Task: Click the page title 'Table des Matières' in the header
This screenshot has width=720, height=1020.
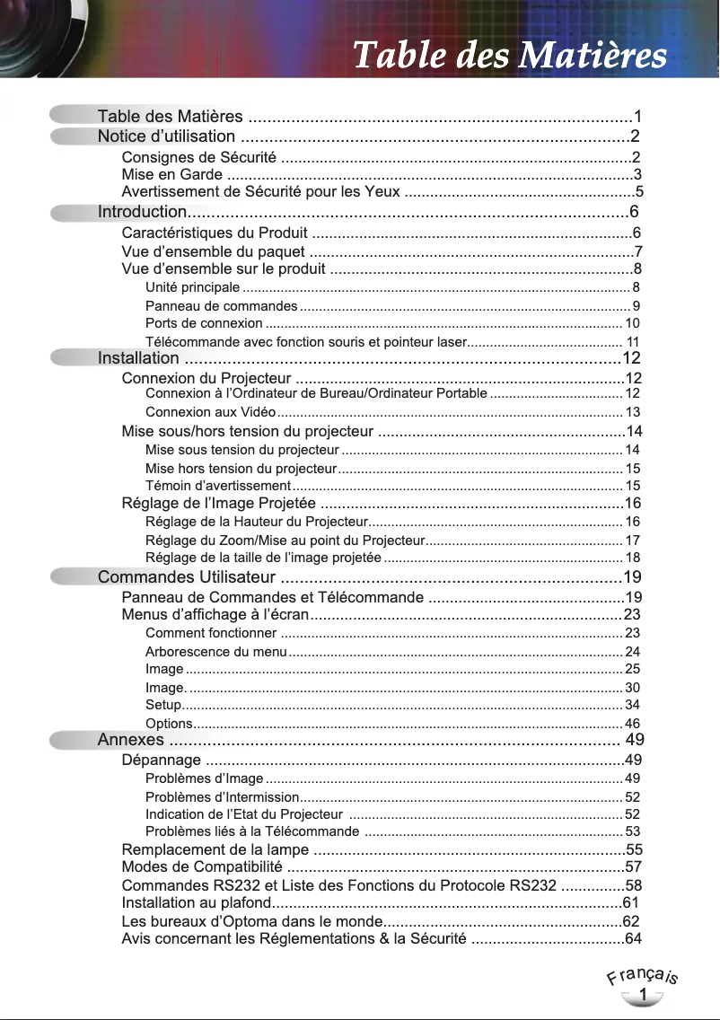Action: [510, 56]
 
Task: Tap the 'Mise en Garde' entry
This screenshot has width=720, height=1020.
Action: [172, 175]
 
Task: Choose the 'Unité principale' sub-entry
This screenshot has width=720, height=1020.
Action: [192, 288]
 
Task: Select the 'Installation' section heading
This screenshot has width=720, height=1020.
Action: [137, 359]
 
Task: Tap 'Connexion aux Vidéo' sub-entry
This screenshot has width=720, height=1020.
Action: [210, 412]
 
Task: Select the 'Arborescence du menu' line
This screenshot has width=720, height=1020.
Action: [215, 652]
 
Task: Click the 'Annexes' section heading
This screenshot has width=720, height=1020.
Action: [130, 740]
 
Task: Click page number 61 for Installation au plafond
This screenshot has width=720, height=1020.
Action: [630, 902]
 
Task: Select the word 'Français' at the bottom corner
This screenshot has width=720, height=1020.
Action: [643, 976]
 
